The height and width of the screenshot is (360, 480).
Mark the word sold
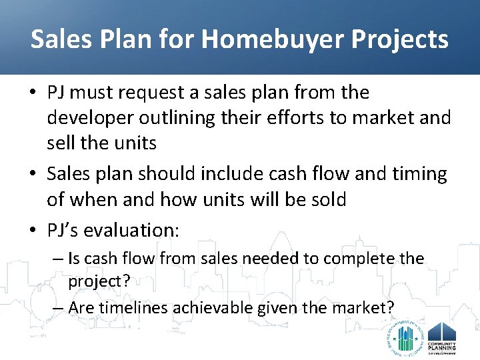click(326, 199)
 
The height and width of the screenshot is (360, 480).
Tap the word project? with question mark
click(99, 281)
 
